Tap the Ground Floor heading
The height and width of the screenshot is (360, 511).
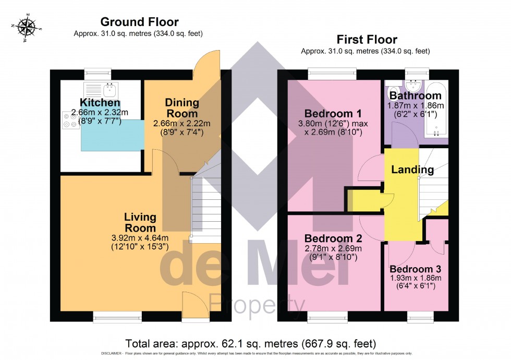click(139, 22)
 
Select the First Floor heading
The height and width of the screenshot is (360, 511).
click(367, 40)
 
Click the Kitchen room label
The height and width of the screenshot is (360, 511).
click(100, 103)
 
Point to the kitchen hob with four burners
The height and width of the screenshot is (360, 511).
click(70, 121)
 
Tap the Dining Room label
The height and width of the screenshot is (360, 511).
click(181, 108)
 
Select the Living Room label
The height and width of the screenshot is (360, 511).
click(140, 223)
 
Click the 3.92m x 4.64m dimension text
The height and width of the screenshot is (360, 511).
click(139, 238)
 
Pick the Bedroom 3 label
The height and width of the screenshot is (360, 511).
click(416, 269)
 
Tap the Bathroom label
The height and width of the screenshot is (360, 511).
click(415, 96)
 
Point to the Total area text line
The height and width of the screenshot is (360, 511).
click(250, 343)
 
